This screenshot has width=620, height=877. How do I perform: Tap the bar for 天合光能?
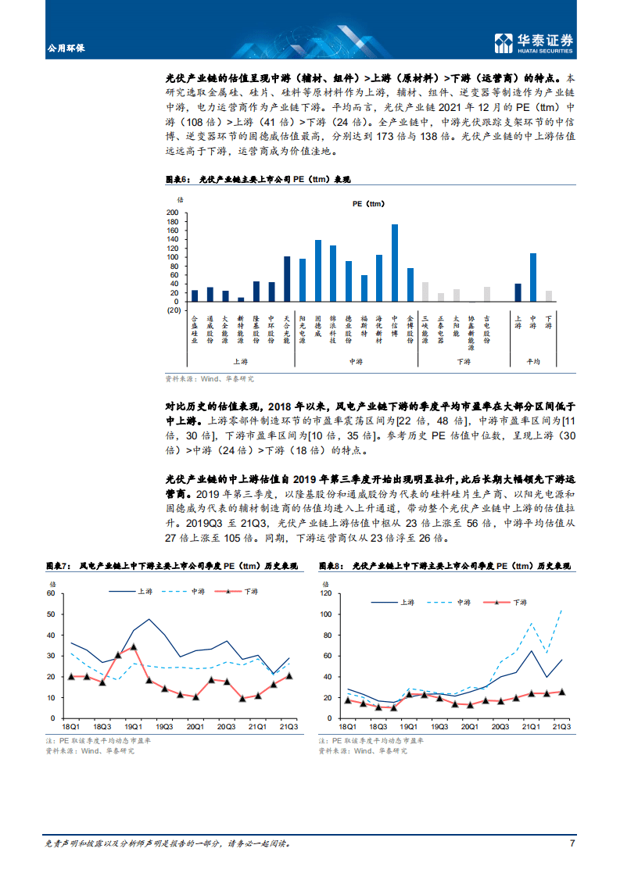[287, 279]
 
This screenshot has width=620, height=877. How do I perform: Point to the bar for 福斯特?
[364, 288]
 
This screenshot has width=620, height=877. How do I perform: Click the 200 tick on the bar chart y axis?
[172, 213]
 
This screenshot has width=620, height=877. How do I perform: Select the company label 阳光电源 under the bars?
[303, 329]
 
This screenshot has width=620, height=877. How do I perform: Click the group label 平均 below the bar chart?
[533, 361]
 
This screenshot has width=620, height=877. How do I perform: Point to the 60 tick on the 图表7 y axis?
[51, 593]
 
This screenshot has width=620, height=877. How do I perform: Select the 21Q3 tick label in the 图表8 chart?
[561, 726]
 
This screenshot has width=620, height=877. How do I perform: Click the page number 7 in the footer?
[572, 843]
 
